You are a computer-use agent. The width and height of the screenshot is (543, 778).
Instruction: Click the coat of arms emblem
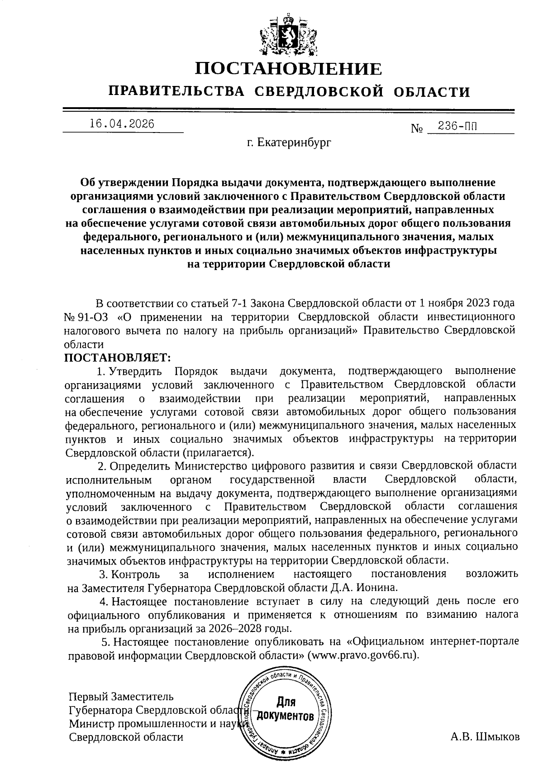point(288,33)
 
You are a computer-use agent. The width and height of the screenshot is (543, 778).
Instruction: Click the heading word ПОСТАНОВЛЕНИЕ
point(289,69)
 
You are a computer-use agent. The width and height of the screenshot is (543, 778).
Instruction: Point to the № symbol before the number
point(416,129)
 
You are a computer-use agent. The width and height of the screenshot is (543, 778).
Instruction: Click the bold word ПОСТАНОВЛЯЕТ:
point(117,357)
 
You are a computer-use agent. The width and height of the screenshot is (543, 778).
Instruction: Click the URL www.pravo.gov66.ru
point(362,655)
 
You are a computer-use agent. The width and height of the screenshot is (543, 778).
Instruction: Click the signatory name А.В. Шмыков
point(485,736)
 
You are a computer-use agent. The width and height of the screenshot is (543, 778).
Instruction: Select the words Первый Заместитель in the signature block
point(121,696)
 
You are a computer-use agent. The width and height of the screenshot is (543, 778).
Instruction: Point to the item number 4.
point(103,602)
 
